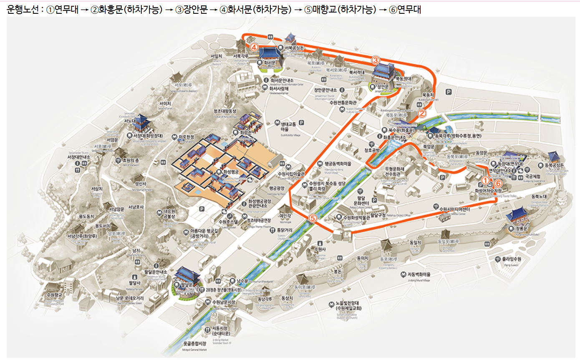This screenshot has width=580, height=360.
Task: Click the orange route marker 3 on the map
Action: click(x=375, y=60)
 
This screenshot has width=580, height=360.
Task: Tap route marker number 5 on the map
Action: click(x=313, y=217)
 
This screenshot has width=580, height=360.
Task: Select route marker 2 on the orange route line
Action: click(x=421, y=113)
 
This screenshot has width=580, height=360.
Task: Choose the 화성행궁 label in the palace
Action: click(x=233, y=171)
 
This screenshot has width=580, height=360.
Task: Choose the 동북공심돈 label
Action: click(x=554, y=165)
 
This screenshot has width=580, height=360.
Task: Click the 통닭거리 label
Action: click(x=284, y=230)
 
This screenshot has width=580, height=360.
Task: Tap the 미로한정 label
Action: click(x=186, y=136)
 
